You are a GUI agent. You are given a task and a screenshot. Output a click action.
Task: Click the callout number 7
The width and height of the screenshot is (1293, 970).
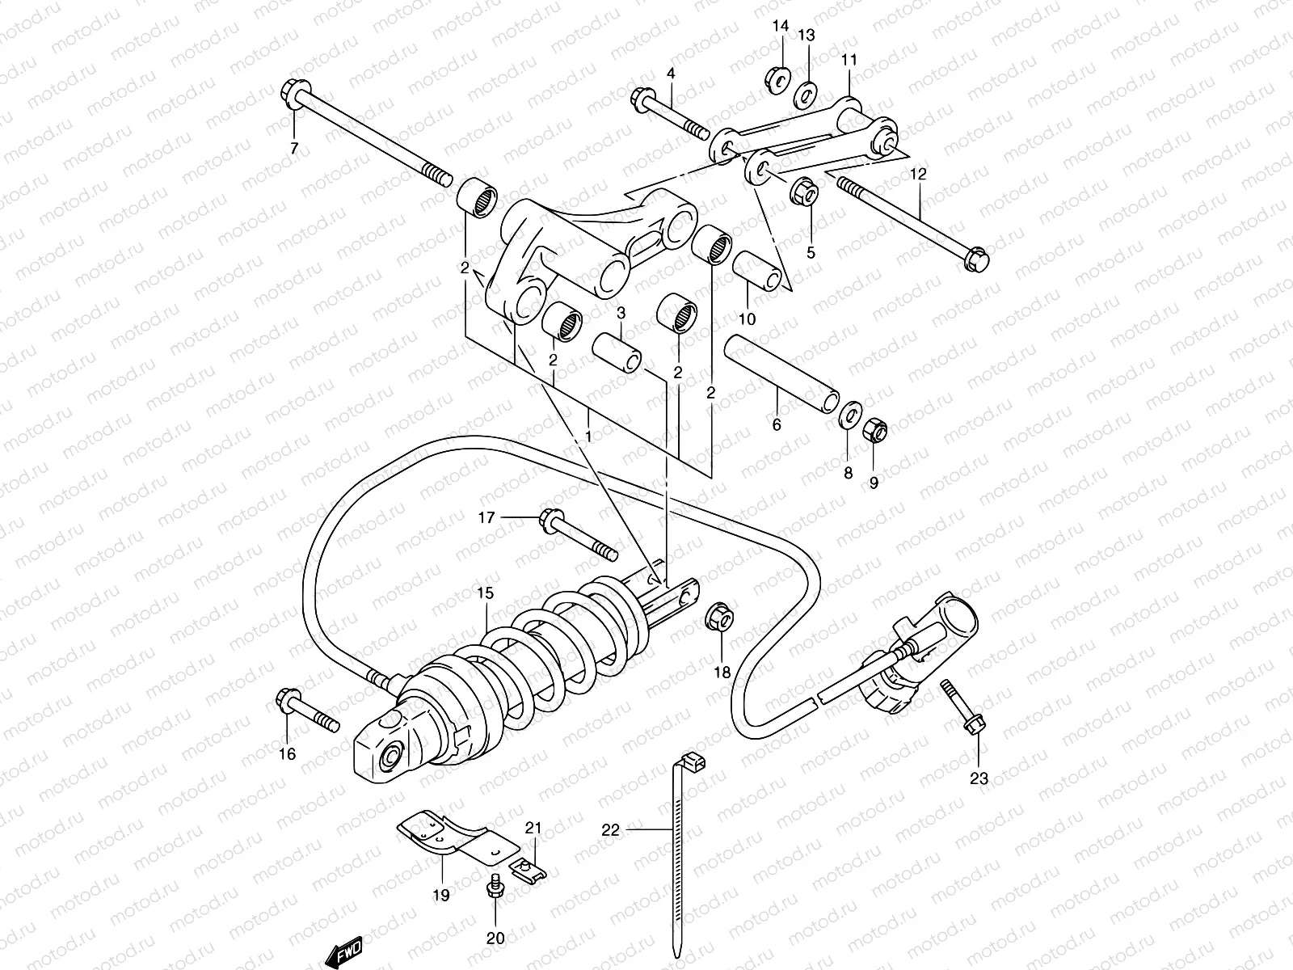click(294, 148)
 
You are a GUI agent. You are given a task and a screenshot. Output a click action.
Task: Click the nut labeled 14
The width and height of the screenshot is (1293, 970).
click(778, 79)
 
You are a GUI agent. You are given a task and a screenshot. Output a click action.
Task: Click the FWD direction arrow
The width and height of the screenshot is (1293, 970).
click(344, 951)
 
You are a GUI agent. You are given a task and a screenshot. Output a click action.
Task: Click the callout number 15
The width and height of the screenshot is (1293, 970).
click(483, 593)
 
